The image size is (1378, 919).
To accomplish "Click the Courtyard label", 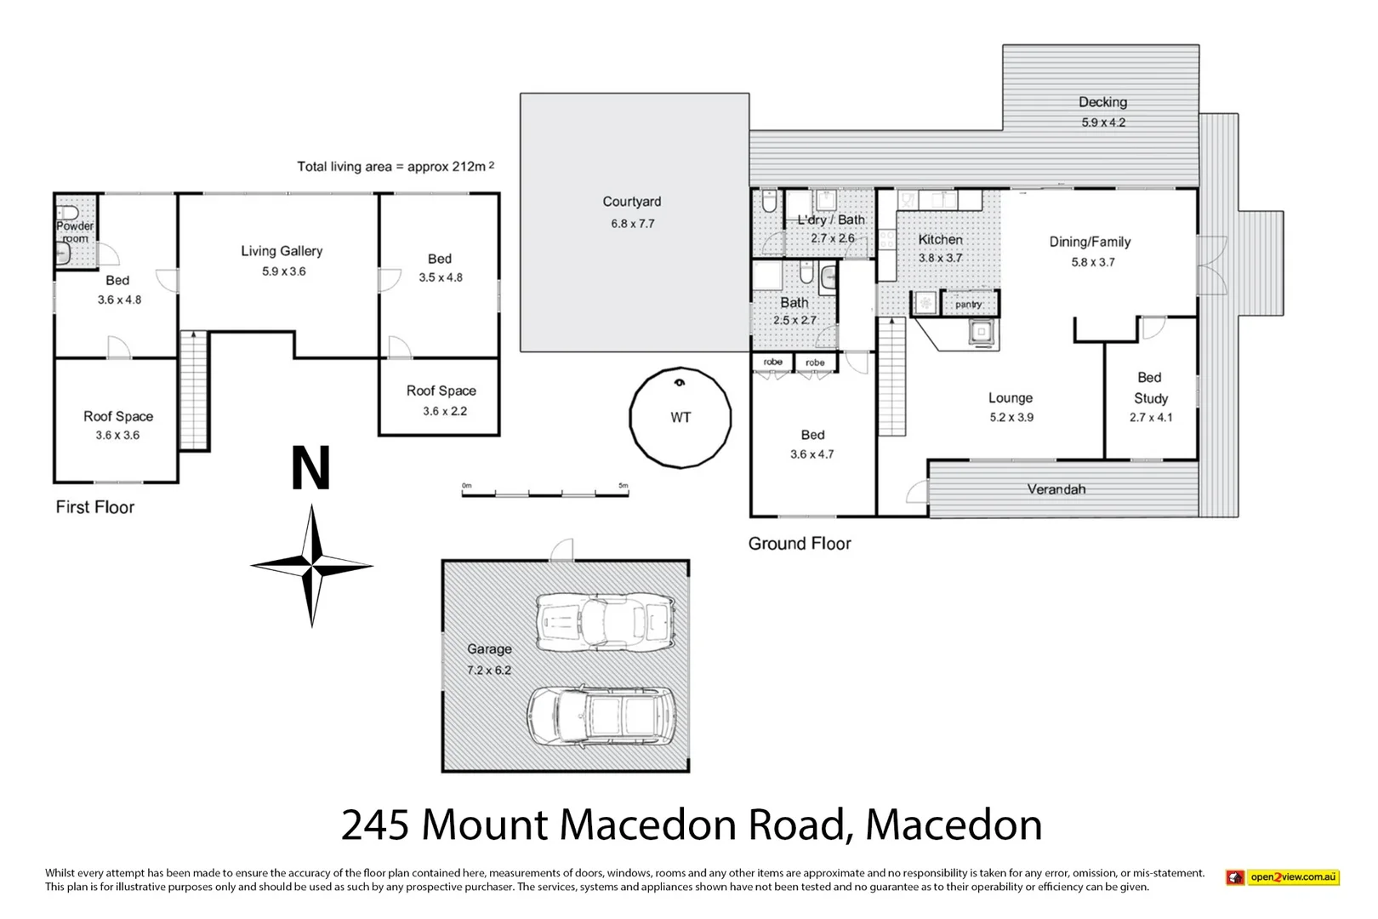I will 631,202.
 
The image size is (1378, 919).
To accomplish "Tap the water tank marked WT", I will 680,417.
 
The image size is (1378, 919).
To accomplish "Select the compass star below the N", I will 312,565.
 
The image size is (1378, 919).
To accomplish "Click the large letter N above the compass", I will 310,469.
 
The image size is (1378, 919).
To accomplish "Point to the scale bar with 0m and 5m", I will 544,492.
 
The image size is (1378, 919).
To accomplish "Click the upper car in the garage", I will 606,622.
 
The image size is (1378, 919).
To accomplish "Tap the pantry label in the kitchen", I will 968,304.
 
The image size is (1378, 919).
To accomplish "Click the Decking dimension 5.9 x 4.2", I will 1103,123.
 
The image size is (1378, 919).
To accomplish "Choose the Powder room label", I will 75,231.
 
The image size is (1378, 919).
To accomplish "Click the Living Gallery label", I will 282,251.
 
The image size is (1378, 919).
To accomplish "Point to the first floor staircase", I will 194,391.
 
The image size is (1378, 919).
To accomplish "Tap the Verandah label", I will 1056,489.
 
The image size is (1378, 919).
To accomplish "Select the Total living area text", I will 395,167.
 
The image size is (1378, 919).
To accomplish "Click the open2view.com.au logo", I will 1283,876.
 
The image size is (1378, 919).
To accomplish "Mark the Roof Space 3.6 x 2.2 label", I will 441,400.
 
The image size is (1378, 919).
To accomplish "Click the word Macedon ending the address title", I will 954,825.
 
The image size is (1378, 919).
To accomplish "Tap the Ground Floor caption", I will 799,544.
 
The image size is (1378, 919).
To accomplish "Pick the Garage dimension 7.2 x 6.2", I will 489,671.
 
